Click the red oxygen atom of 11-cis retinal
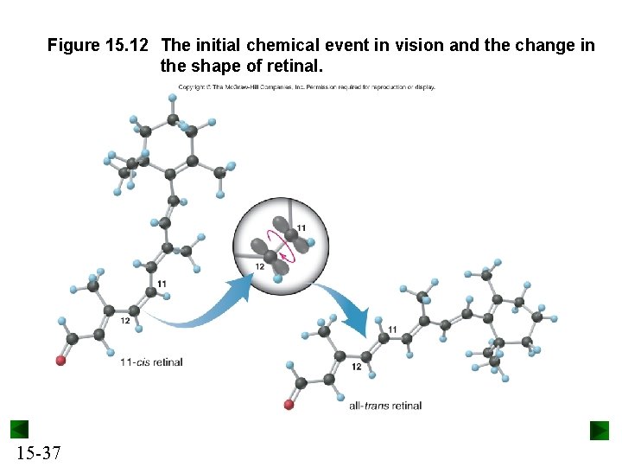60,361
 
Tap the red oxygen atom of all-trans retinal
289,404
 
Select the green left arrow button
19,430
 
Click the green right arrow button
600,430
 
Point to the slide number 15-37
37,451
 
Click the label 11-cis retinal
151,361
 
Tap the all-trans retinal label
385,405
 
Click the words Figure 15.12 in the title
98,45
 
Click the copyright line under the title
307,87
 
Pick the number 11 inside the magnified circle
301,227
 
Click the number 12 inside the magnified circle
259,266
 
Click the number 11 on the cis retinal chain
162,284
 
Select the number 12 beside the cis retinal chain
125,321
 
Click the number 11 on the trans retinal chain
393,329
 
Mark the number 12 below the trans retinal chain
356,367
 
